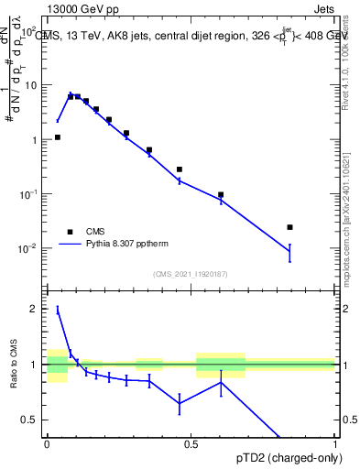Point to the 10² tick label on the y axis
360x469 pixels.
[x=30, y=30]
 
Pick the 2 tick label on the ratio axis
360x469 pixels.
[x=35, y=310]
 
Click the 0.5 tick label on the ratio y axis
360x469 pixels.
[x=31, y=420]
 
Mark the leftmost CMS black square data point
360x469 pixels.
[x=58, y=137]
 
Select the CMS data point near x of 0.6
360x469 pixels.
[x=221, y=194]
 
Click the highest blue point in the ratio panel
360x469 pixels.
[x=58, y=310]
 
